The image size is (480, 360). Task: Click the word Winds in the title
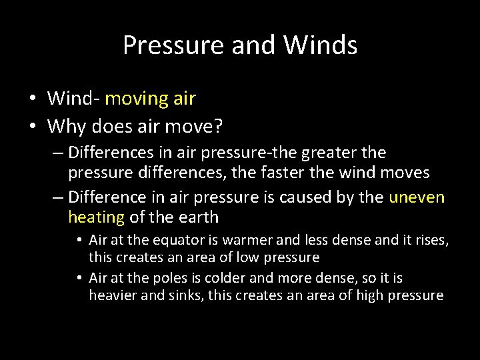pyautogui.click(x=320, y=45)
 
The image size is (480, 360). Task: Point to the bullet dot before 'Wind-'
pyautogui.click(x=33, y=99)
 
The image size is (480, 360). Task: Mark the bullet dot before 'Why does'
pyautogui.click(x=33, y=125)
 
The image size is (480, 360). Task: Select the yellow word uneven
pyautogui.click(x=416, y=197)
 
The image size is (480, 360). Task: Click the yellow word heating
pyautogui.click(x=96, y=217)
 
